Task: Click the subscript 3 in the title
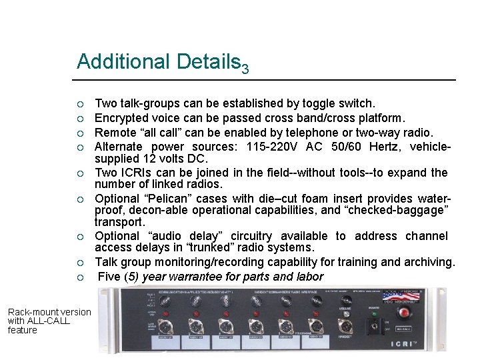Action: point(245,69)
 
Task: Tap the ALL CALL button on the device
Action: point(404,329)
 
